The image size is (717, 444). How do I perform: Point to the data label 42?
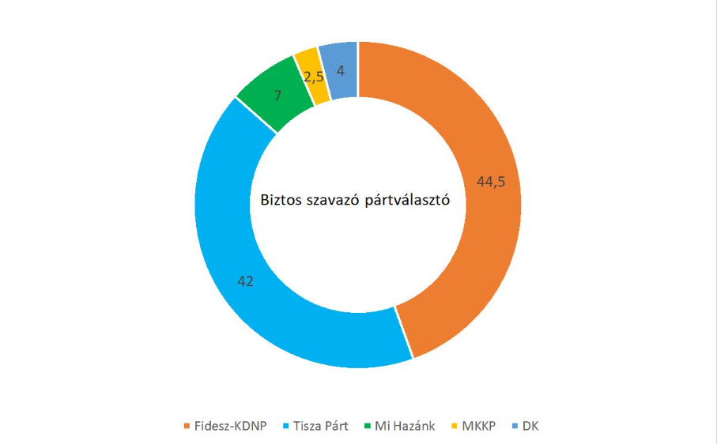[x=246, y=280]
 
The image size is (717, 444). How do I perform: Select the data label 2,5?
[x=313, y=77]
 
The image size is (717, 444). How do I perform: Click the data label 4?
[x=340, y=70]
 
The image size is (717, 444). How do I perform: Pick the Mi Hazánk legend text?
[x=405, y=426]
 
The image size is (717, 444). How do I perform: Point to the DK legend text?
[x=530, y=426]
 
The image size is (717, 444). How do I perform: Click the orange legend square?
[x=187, y=427]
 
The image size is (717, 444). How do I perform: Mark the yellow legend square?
[x=453, y=427]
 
